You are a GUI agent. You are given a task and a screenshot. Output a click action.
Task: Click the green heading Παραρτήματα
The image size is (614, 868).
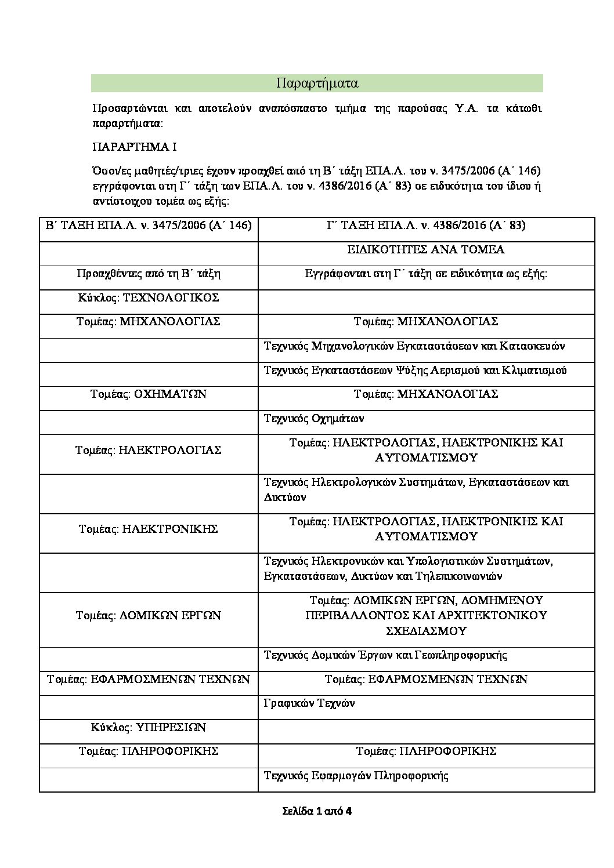[x=317, y=83]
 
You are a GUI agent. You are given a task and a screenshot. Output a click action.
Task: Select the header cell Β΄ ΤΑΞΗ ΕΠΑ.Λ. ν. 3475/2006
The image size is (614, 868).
[x=149, y=226]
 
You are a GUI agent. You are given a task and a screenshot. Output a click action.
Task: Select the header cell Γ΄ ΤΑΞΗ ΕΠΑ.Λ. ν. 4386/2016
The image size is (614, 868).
[x=426, y=226]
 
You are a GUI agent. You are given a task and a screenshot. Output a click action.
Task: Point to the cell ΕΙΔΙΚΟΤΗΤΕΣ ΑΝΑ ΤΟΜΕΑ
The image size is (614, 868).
[x=426, y=250]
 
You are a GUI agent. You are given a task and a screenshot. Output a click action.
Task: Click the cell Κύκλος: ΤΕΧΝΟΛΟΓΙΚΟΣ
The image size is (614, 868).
[x=149, y=298]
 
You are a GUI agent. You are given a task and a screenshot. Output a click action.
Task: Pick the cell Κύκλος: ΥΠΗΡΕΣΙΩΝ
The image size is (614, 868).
[x=149, y=728]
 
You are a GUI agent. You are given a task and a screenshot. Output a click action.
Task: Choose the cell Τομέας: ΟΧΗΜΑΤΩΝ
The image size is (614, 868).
[x=149, y=394]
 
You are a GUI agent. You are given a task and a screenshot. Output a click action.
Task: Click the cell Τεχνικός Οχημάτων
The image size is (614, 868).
[x=314, y=418]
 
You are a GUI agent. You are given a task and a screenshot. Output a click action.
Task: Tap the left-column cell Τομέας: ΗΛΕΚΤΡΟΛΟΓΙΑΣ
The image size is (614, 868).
[x=149, y=450]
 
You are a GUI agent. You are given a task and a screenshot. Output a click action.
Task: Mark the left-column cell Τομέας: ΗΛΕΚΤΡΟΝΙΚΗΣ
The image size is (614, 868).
[x=149, y=529]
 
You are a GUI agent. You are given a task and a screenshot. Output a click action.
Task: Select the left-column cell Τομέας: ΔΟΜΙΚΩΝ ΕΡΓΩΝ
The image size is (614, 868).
[x=149, y=616]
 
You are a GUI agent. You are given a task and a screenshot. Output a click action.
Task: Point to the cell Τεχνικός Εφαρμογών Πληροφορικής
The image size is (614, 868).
[x=357, y=776]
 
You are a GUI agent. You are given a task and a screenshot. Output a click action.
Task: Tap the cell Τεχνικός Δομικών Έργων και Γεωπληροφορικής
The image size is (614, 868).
[x=385, y=655]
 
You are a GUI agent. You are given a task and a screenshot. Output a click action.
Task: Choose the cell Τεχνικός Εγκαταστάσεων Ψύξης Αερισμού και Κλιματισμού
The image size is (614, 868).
[x=415, y=370]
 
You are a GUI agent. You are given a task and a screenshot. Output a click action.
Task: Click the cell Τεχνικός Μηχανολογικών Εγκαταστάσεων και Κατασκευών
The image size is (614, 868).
[x=414, y=346]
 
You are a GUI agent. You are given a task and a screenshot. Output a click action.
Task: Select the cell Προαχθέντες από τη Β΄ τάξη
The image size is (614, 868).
[x=149, y=274]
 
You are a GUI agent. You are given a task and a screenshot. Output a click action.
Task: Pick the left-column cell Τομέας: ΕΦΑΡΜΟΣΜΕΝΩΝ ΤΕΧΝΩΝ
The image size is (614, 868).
[x=149, y=679]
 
